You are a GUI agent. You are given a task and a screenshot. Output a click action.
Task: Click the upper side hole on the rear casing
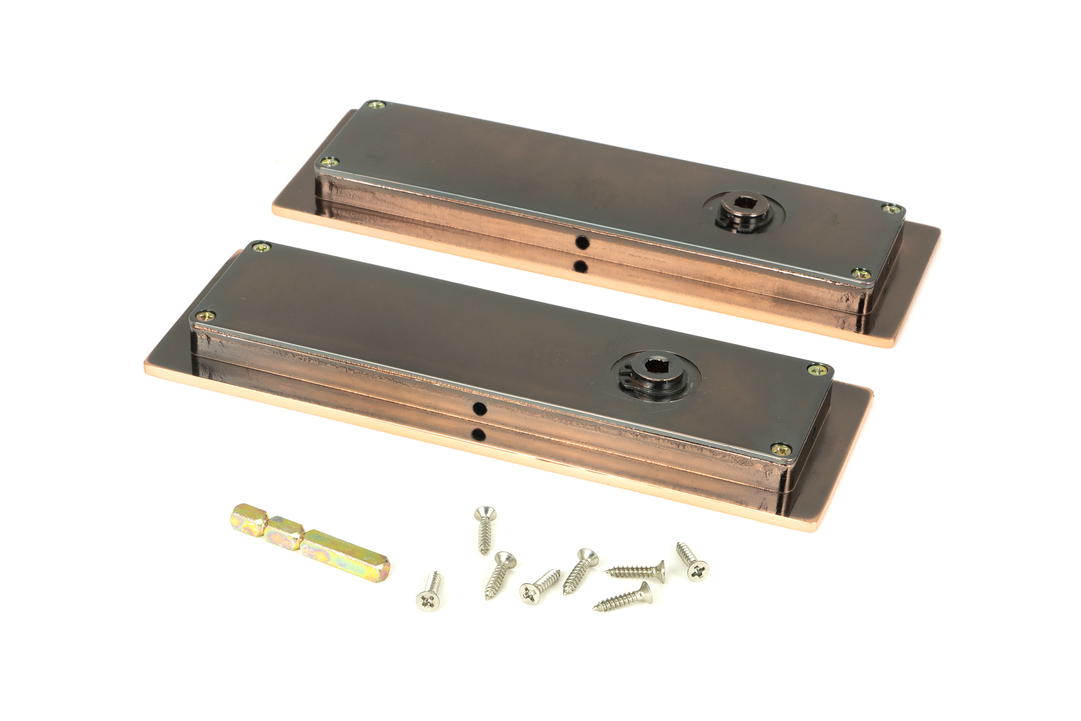(x=582, y=243)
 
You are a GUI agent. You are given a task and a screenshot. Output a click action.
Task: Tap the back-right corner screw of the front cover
(x=815, y=369)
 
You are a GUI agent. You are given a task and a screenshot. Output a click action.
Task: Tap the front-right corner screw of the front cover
(x=780, y=448)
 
